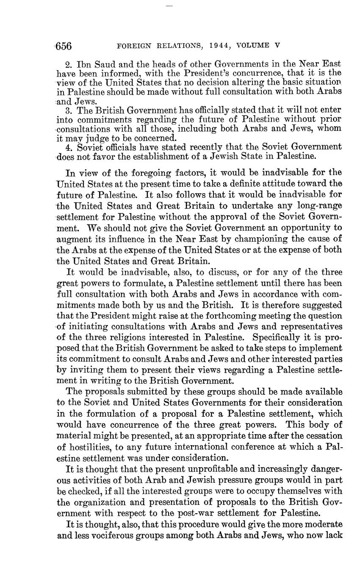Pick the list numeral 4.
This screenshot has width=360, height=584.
[x=69, y=147]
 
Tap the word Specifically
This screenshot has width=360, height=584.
[x=269, y=338]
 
